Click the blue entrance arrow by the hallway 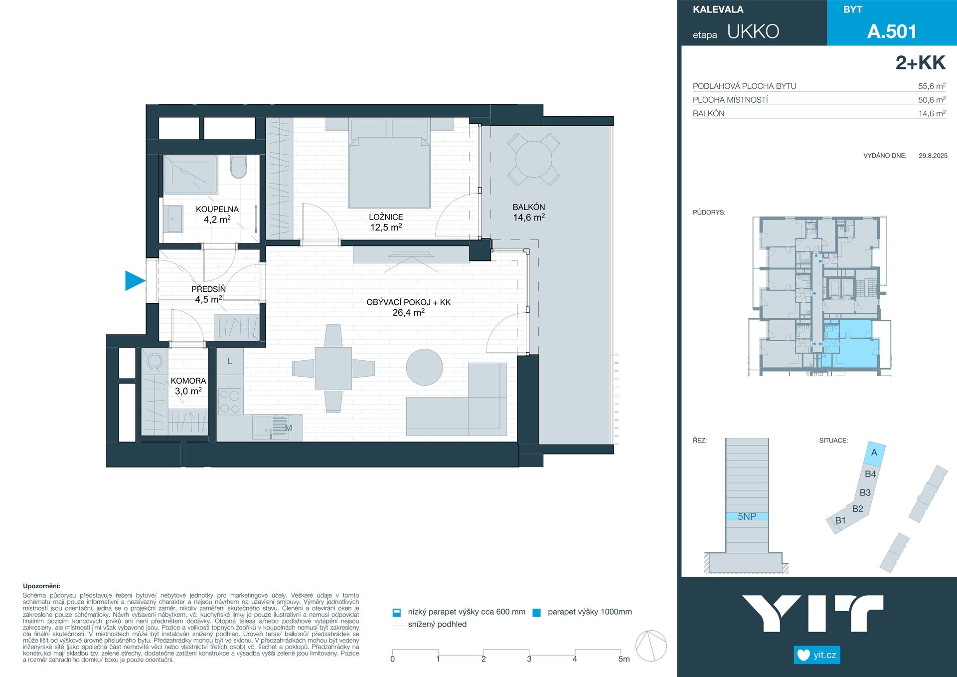(x=134, y=280)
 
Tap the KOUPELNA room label (x=217, y=209)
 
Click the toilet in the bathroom (x=239, y=167)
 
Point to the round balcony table (x=534, y=159)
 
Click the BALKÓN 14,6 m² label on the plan (x=529, y=212)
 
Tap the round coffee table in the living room (x=425, y=367)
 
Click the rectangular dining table (x=333, y=368)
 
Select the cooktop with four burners (x=230, y=402)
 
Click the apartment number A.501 (x=892, y=31)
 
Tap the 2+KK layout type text (x=920, y=63)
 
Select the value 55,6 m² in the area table (x=932, y=86)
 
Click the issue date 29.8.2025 (x=933, y=156)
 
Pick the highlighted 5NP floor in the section (x=747, y=516)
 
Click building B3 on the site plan (x=865, y=492)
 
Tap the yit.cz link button (x=817, y=655)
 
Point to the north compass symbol (x=651, y=646)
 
